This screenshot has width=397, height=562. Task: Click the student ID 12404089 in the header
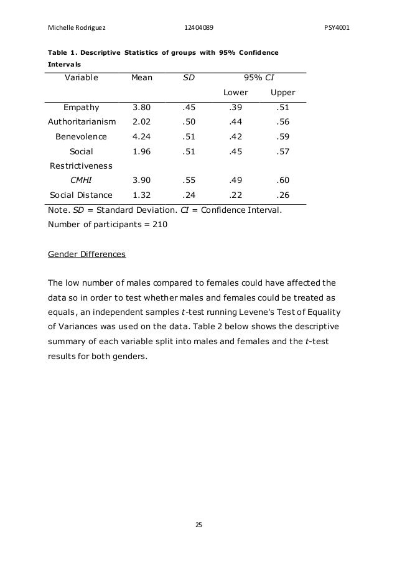pyautogui.click(x=201, y=27)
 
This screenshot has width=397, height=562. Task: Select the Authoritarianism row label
pyautogui.click(x=82, y=122)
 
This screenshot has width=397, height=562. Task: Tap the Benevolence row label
pyautogui.click(x=82, y=136)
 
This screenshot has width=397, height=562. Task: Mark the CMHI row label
pyautogui.click(x=82, y=180)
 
